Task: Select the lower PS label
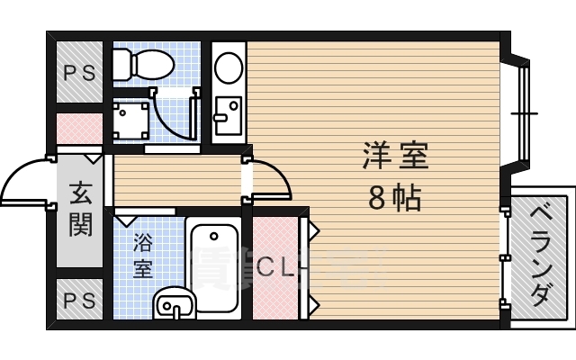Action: tap(78, 301)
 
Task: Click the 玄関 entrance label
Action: tap(80, 208)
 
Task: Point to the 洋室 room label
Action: tap(395, 157)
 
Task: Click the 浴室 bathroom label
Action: tap(143, 255)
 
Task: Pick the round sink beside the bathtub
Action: tap(173, 304)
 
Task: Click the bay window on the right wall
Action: tap(523, 112)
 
